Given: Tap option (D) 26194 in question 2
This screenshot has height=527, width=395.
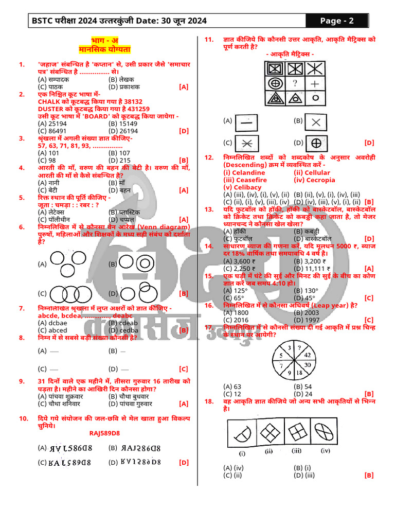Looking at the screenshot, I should coord(123,131).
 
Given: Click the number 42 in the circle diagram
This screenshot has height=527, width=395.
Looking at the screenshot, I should coord(307,355).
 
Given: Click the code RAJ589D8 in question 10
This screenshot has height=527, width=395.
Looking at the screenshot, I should coord(104,433).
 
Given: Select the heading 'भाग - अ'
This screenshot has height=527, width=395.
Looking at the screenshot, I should coord(104,41).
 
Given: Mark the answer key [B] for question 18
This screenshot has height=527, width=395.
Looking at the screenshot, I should coord(368,475).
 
